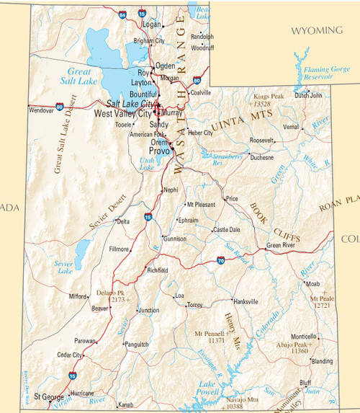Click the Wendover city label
point(41,110)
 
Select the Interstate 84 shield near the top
point(123,14)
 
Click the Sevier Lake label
point(65,267)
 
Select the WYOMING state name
point(316,30)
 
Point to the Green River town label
point(281,245)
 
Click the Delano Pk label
point(111,293)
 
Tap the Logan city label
point(152,24)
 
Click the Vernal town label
point(291,126)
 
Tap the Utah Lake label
point(146,164)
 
